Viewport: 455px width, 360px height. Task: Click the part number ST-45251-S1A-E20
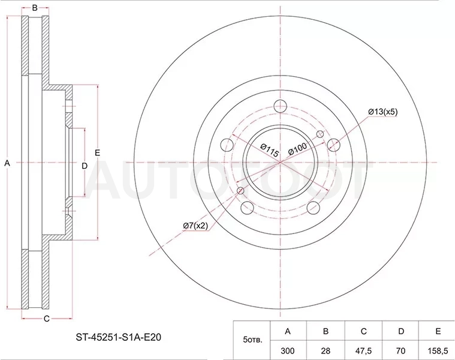118,337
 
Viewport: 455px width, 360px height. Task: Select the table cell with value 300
288,351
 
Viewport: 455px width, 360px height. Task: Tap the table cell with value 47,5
363,351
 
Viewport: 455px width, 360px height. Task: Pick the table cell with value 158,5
437,351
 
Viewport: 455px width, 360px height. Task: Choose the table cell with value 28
326,351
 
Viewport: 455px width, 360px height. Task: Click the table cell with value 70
400,351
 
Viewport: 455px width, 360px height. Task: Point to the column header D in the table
400,331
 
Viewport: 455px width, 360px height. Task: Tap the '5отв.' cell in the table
252,340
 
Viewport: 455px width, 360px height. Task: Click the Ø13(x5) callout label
382,112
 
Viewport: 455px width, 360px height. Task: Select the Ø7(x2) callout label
195,226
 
